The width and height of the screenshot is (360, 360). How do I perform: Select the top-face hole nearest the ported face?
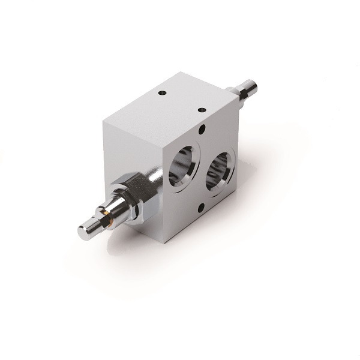202,110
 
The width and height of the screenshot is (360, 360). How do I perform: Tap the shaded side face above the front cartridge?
129,150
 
